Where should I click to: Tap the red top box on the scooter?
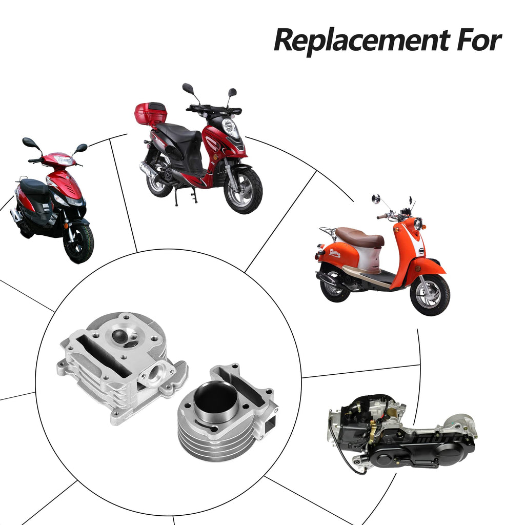point(151,113)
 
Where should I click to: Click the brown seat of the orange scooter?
point(359,236)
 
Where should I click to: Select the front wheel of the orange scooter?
point(430,295)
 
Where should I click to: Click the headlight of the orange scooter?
point(418,224)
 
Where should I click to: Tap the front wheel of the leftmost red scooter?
point(78,243)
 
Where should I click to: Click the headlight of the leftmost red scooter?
point(63,160)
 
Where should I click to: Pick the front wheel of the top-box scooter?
point(243,190)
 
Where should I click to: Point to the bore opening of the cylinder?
point(215,398)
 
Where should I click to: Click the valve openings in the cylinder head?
point(125,338)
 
